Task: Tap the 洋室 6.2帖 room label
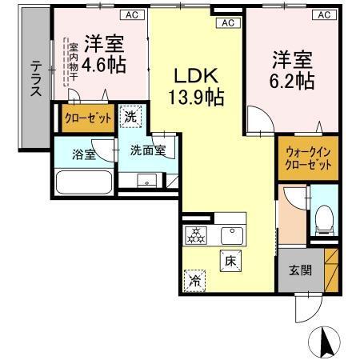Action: pyautogui.click(x=292, y=69)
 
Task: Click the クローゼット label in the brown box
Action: pyautogui.click(x=87, y=118)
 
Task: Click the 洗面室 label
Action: pyautogui.click(x=148, y=150)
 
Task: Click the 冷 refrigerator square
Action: pyautogui.click(x=194, y=281)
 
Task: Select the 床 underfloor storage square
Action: pyautogui.click(x=230, y=261)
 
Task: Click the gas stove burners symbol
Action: pyautogui.click(x=196, y=235)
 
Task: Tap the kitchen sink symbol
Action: pyautogui.click(x=232, y=235)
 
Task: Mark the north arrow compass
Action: pyautogui.click(x=326, y=343)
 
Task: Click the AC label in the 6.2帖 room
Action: pyautogui.click(x=324, y=14)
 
